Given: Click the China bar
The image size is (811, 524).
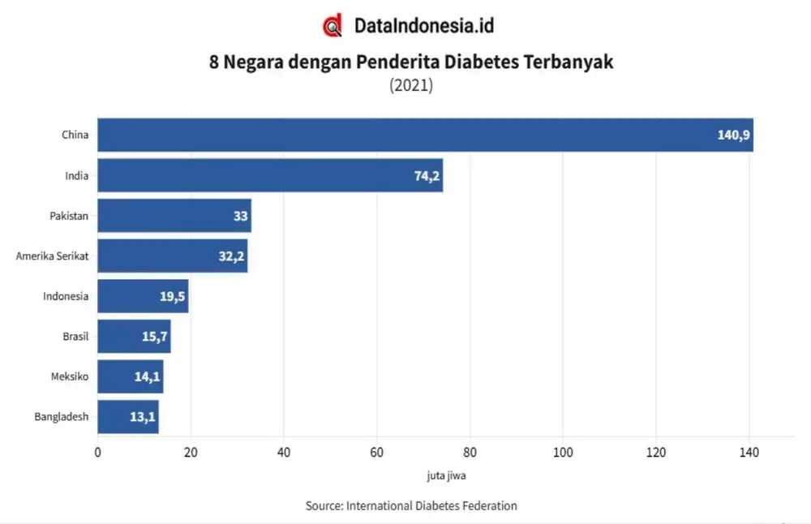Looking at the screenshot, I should pos(425,135).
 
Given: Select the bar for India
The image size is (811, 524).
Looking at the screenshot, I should pos(270,175).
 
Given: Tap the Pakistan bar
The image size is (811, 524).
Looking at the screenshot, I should pos(174,216).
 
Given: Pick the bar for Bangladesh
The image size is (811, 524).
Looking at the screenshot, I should pos(128,417).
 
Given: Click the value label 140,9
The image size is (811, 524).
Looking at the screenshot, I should pos(732,135).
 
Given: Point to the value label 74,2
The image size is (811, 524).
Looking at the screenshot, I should pos(427,176).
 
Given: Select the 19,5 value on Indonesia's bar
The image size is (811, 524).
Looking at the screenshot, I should pos(173,297).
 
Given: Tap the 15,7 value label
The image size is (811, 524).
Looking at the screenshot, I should pos(154,337).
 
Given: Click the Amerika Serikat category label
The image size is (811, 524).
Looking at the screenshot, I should pos(52,256).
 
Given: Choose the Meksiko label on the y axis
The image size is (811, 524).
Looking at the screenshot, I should pos(69,377).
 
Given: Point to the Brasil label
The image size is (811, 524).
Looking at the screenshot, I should pos(75,337).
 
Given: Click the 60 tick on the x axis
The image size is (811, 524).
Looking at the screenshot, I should pos(377,453).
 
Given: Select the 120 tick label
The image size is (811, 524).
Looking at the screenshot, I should pos(656,453).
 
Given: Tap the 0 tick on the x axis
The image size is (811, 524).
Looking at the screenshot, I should pos(98,453).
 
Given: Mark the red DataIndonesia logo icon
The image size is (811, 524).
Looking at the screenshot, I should pos(333,26).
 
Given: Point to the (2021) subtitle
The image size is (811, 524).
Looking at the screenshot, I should pos(411,85).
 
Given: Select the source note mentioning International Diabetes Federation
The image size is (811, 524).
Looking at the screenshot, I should pos(411,505).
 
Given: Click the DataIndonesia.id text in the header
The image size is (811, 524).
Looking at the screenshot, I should pos(423,26).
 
